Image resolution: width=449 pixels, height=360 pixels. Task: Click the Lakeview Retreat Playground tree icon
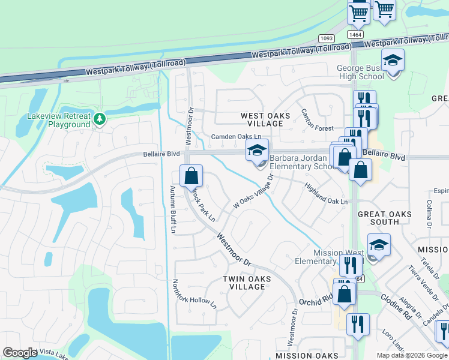point(100,119)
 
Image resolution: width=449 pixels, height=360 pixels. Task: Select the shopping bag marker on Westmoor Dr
point(191,176)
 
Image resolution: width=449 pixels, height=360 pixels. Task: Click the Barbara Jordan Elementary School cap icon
point(257,151)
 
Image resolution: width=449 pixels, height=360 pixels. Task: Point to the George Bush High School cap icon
point(393,61)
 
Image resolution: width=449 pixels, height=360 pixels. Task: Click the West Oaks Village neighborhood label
point(265,119)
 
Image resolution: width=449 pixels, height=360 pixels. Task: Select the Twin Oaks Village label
point(247,283)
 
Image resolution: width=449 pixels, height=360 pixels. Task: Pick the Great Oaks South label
point(384,218)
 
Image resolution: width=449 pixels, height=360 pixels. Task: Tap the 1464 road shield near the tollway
point(356,35)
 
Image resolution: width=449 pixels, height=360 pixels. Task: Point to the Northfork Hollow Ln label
point(194,294)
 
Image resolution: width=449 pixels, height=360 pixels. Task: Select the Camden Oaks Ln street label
point(236,137)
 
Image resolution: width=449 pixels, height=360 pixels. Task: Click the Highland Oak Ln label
point(325,194)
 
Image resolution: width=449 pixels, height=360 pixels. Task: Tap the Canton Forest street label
point(317,120)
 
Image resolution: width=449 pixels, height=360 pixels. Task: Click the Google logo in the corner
point(20,353)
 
